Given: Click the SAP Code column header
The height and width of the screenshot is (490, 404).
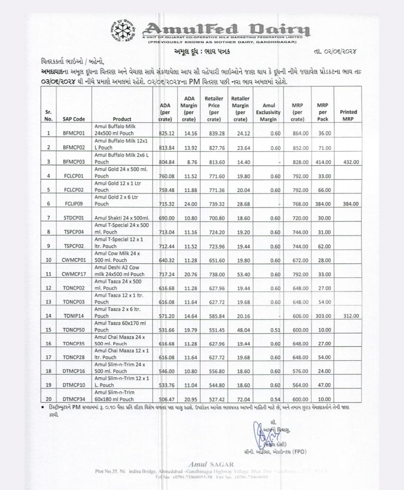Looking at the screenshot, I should [x=74, y=119].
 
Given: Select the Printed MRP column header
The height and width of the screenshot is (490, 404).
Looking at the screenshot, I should [x=348, y=115].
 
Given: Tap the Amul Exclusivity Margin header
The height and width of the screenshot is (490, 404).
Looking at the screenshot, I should [x=268, y=112].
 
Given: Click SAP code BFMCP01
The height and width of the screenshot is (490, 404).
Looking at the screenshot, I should [x=74, y=133].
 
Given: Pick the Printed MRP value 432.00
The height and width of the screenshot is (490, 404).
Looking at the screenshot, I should [x=351, y=162].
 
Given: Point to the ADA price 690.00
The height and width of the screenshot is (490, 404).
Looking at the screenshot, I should [x=167, y=218].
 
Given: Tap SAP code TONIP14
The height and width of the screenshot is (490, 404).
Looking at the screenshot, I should [x=74, y=316].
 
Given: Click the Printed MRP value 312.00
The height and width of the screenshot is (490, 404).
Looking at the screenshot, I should [x=351, y=316].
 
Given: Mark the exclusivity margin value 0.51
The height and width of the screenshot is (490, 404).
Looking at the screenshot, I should [x=275, y=330].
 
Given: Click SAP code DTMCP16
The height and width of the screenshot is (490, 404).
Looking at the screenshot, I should [x=74, y=371].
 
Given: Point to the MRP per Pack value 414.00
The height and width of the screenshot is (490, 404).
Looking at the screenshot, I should [x=323, y=162].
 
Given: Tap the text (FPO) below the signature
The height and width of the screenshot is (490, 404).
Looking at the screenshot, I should [x=299, y=452].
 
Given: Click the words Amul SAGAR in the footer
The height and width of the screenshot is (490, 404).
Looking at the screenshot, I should [x=211, y=464].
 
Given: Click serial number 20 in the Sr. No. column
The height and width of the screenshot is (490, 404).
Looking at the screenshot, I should [x=49, y=399].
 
